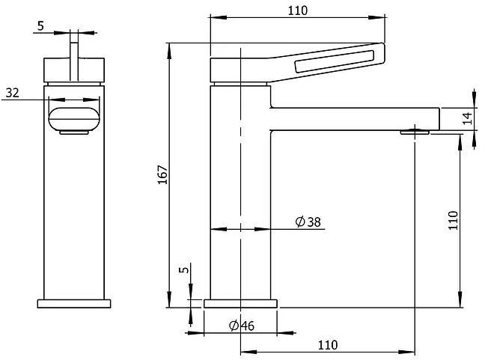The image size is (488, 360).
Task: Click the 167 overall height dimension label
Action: point(162,174)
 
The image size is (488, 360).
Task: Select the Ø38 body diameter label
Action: point(308,222)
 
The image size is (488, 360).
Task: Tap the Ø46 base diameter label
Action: point(242,326)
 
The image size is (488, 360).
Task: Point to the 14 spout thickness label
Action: point(467,118)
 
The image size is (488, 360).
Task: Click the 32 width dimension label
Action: point(13,93)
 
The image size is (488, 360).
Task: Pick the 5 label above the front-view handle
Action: point(40,26)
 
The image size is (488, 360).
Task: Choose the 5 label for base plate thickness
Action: point(184,269)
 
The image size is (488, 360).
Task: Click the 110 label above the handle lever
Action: point(298,10)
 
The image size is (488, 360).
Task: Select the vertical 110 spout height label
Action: point(453,220)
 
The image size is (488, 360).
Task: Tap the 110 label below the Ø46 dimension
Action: point(328,345)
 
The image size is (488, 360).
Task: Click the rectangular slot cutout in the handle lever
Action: point(334,61)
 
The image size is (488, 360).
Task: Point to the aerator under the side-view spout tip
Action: point(415,132)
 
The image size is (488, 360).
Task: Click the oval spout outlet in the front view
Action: point(74,118)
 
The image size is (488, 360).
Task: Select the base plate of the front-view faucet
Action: point(74,304)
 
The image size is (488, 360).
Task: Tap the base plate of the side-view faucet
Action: point(240,304)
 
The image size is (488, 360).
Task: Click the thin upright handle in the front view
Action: point(74,61)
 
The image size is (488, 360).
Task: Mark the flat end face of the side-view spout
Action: point(439,119)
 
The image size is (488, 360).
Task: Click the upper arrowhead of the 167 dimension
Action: point(169,50)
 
